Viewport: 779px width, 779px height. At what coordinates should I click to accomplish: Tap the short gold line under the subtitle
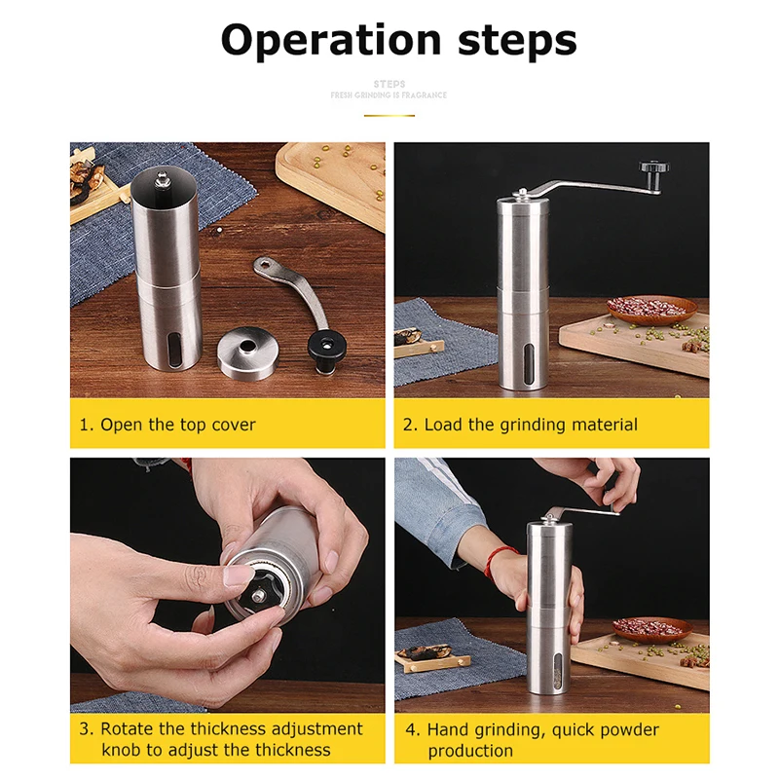point(389,115)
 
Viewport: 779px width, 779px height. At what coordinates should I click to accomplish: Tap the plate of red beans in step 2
point(652,310)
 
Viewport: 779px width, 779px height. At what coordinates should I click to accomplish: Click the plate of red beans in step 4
point(650,628)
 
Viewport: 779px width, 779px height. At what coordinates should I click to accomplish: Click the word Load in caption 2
point(444,425)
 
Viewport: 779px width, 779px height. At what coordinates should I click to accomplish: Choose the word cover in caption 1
point(234,425)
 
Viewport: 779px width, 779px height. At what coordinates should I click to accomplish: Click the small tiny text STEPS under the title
point(389,85)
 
